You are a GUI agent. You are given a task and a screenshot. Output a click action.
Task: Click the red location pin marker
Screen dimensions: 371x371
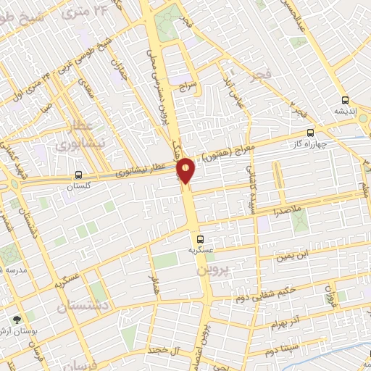point(186,170)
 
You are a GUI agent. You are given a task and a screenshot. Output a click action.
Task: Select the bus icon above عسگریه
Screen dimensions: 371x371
point(201,238)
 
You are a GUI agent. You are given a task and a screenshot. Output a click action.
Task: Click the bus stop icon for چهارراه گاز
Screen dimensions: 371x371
point(311,133)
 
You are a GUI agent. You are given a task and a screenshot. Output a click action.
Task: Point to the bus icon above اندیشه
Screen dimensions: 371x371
point(344,101)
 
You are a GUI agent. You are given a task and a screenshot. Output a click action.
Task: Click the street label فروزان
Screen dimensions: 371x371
point(330,297)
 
